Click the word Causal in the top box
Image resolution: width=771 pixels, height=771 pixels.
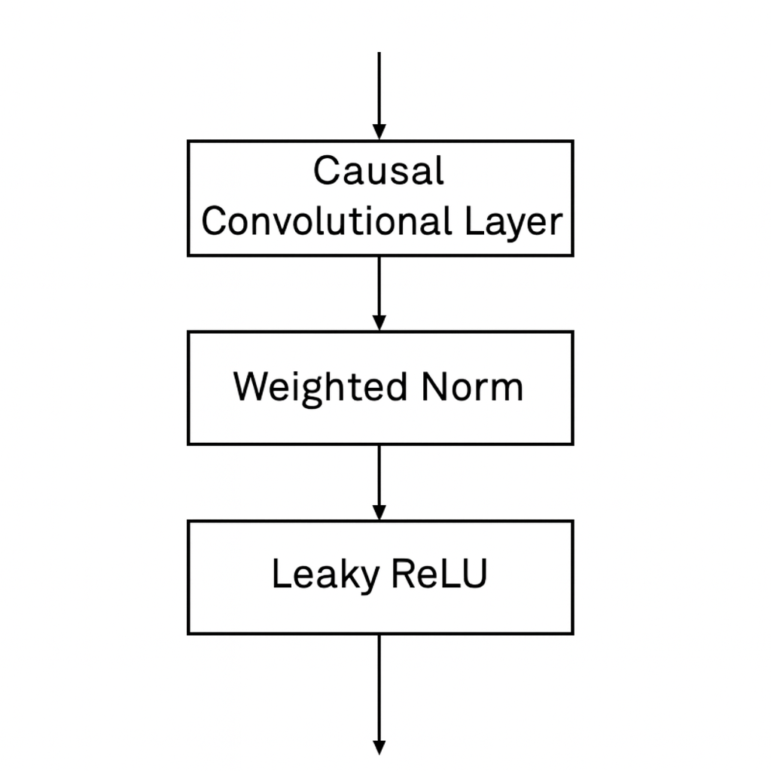[x=378, y=171]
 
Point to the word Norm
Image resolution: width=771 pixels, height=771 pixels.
[x=471, y=388]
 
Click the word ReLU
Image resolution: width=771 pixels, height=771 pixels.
[x=439, y=574]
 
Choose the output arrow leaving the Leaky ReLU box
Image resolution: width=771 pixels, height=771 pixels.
[x=379, y=693]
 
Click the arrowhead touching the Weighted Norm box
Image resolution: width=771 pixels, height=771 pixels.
[x=379, y=323]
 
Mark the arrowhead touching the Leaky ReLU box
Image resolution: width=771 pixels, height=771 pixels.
[x=379, y=513]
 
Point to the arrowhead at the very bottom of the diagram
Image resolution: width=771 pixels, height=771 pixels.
[x=379, y=747]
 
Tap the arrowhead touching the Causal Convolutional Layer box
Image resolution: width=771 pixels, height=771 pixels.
[x=379, y=133]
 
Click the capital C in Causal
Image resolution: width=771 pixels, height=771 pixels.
[x=326, y=171]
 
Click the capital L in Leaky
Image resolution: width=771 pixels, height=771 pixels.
[x=279, y=574]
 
